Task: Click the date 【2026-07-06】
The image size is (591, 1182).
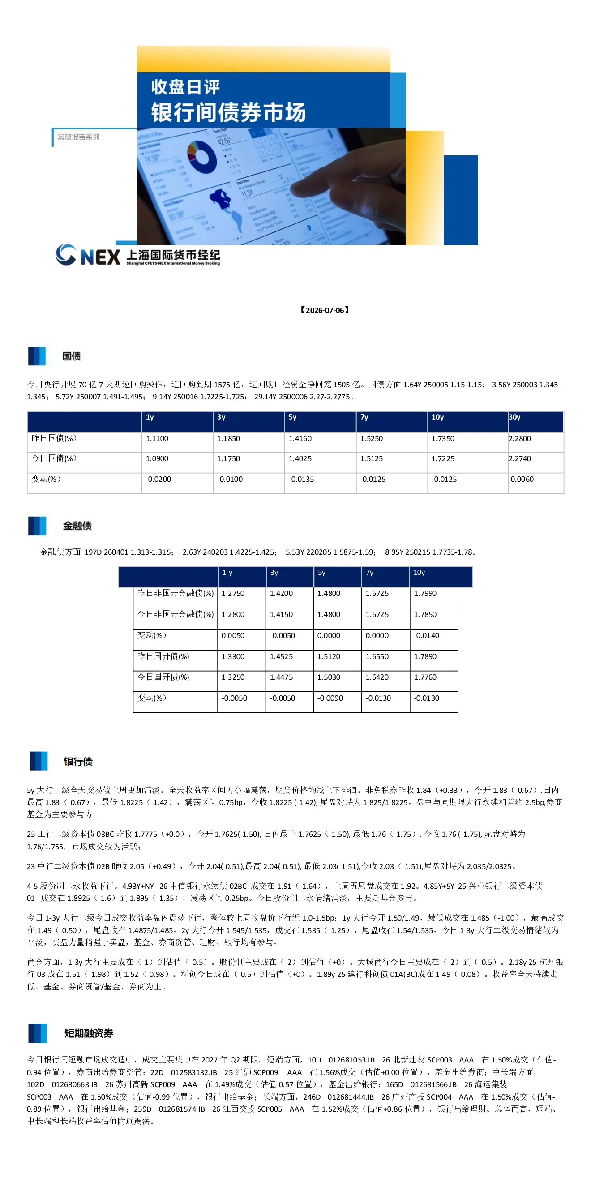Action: (x=325, y=310)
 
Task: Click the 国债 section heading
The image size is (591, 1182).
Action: (x=72, y=356)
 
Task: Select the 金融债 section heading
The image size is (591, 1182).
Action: (x=77, y=526)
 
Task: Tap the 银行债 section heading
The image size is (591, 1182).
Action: (x=78, y=762)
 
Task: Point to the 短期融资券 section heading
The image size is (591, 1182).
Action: (x=89, y=1033)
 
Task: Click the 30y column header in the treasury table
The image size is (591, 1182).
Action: (x=514, y=417)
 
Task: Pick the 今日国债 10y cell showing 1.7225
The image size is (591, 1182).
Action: (x=443, y=458)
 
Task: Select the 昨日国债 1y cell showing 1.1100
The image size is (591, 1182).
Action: (x=157, y=438)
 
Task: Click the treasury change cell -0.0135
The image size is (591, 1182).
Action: (x=301, y=479)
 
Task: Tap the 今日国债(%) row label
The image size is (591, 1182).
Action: (x=54, y=458)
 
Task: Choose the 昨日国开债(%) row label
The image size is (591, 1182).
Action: (x=163, y=656)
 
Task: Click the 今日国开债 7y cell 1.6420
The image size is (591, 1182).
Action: (x=377, y=677)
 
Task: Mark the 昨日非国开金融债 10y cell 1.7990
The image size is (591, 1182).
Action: (x=425, y=593)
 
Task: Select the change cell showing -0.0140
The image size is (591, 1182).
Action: (x=426, y=635)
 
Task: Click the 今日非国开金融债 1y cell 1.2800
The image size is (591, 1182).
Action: (x=233, y=614)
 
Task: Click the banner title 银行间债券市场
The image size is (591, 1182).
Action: (x=228, y=112)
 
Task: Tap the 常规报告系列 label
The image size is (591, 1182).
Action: (x=78, y=137)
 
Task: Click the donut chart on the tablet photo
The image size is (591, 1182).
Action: (x=202, y=157)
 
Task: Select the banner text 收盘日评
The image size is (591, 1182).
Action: (x=185, y=87)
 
